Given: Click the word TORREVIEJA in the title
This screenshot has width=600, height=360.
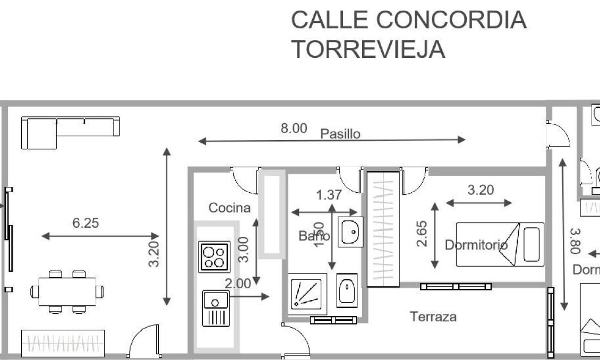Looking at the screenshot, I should click(368, 49).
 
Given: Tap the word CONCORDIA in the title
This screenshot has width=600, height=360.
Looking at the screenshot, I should click(451, 20).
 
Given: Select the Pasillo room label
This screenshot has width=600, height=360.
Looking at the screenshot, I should click(340, 133).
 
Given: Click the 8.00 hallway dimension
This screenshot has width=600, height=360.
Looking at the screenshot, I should click(294, 128).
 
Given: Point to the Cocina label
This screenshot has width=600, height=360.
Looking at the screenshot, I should click(229, 208).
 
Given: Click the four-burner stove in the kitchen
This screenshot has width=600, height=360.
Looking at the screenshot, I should click(214, 257).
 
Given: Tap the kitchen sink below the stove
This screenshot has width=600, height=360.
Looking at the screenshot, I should click(215, 308).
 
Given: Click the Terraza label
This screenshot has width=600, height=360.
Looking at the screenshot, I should click(433, 317).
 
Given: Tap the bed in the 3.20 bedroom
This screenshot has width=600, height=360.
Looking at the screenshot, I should click(500, 244).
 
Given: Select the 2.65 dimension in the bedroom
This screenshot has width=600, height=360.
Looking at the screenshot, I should click(423, 234).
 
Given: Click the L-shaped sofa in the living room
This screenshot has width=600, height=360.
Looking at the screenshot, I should click(69, 132).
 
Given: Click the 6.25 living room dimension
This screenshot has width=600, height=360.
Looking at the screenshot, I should click(85, 223).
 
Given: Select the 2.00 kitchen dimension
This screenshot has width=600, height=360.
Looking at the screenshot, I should click(237, 284).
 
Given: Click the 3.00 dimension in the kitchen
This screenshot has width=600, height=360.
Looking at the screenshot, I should click(243, 250).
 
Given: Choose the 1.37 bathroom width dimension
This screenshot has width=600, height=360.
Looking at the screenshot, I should click(329, 195).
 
